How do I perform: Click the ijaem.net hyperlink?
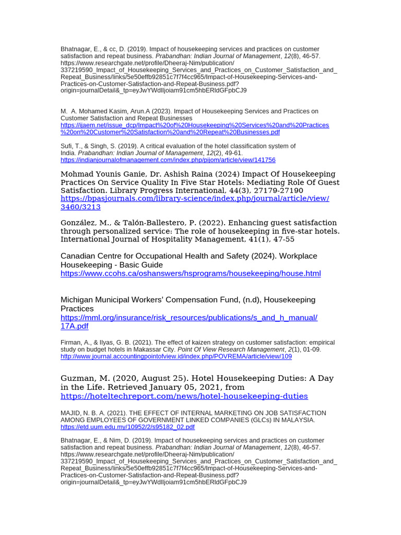[x=194, y=125]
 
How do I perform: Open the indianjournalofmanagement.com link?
[x=168, y=160]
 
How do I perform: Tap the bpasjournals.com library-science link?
[x=195, y=199]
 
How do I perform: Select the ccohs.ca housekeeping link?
[x=191, y=273]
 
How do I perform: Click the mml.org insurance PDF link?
[x=188, y=318]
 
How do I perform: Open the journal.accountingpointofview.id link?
[x=176, y=356]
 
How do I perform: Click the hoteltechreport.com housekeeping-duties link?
[x=184, y=396]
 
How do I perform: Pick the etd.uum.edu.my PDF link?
[x=127, y=427]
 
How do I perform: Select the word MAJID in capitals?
[x=70, y=413]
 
